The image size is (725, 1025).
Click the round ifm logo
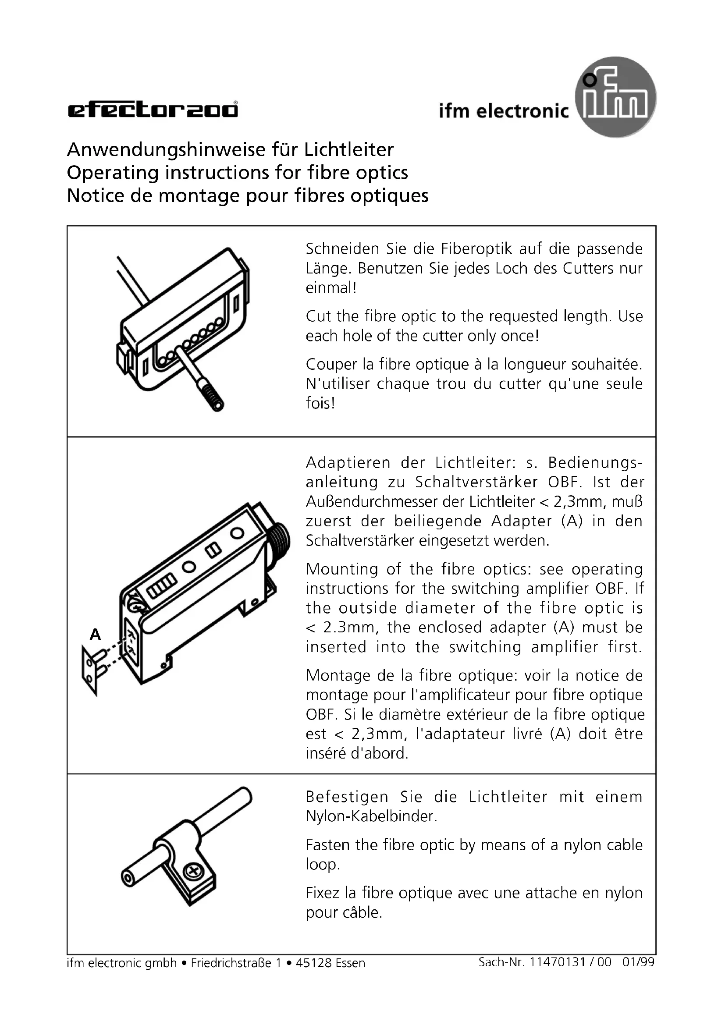(615, 97)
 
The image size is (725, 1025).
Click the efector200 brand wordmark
(153, 110)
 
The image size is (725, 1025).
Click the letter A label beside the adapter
(95, 635)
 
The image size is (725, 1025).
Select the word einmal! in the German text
(331, 288)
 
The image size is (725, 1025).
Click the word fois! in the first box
(320, 403)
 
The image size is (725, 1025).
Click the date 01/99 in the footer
(638, 962)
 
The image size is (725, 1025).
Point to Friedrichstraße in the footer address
(231, 963)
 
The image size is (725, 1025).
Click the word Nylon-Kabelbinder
(371, 816)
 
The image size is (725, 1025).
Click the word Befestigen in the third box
(347, 797)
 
